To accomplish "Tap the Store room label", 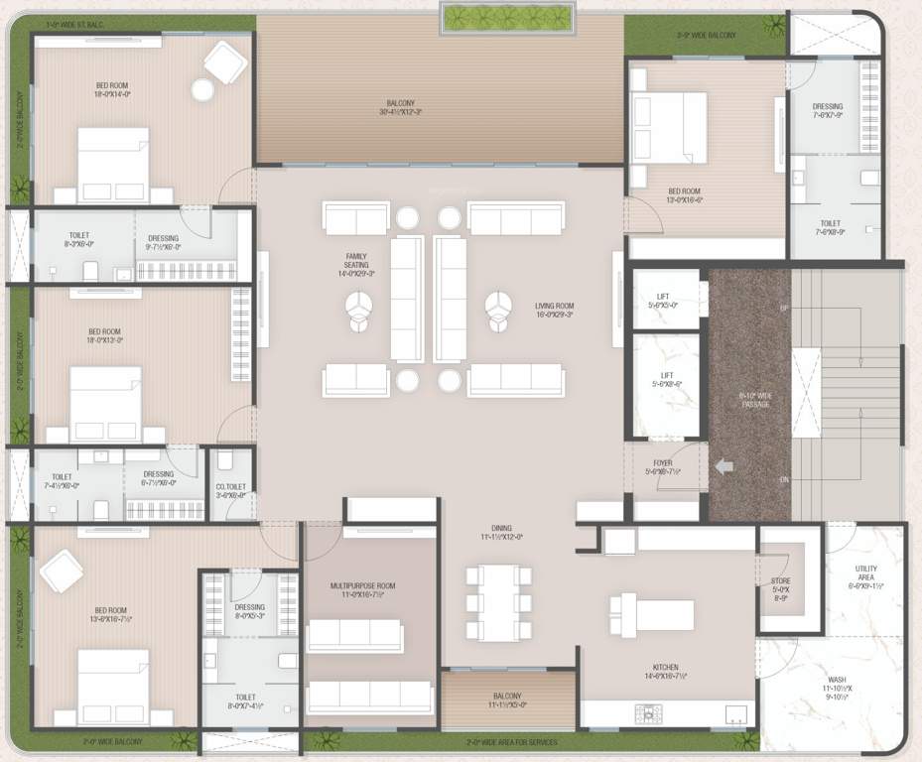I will pos(780,587).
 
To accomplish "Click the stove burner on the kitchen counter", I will pos(648,712).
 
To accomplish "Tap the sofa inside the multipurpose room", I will pos(354,636).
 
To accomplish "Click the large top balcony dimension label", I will pos(400,107).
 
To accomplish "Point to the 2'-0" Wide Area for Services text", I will pos(511,742).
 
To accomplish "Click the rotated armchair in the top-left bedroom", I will pos(225,65).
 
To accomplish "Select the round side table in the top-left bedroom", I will pos(202,90).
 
